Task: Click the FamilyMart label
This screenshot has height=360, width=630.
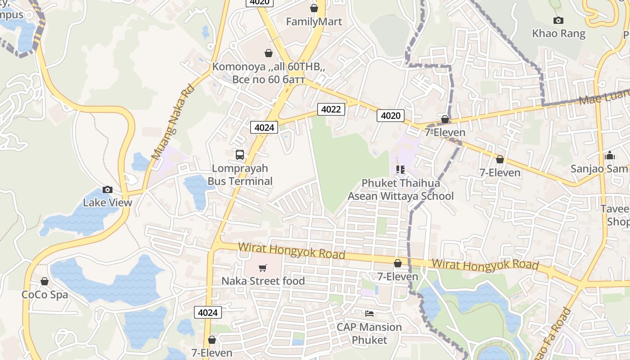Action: (314, 22)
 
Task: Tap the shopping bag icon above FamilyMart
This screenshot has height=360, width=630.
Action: (314, 8)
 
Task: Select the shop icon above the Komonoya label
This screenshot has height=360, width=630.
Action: (269, 53)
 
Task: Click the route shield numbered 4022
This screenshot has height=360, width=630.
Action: (331, 109)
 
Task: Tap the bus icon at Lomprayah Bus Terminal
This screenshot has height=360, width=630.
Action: (240, 155)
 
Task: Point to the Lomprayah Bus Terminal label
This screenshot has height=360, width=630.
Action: (240, 175)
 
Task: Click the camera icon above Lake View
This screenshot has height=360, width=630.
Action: (107, 189)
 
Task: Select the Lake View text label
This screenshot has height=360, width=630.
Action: (108, 202)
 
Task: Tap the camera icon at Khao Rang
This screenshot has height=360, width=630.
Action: (558, 20)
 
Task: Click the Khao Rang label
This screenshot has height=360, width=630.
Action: (558, 34)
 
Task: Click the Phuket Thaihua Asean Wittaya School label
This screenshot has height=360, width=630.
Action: (400, 190)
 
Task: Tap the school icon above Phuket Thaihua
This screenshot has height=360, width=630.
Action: (400, 170)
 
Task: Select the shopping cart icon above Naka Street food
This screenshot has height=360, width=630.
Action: (263, 268)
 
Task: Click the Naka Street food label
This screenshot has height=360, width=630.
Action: (263, 281)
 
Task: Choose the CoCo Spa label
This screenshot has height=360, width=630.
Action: (45, 295)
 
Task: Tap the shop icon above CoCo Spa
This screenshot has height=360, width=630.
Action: (45, 281)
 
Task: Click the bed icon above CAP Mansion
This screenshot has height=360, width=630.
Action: (369, 314)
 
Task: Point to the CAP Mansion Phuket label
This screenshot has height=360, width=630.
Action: (369, 333)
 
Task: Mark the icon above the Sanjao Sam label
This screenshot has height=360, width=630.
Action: (610, 155)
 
